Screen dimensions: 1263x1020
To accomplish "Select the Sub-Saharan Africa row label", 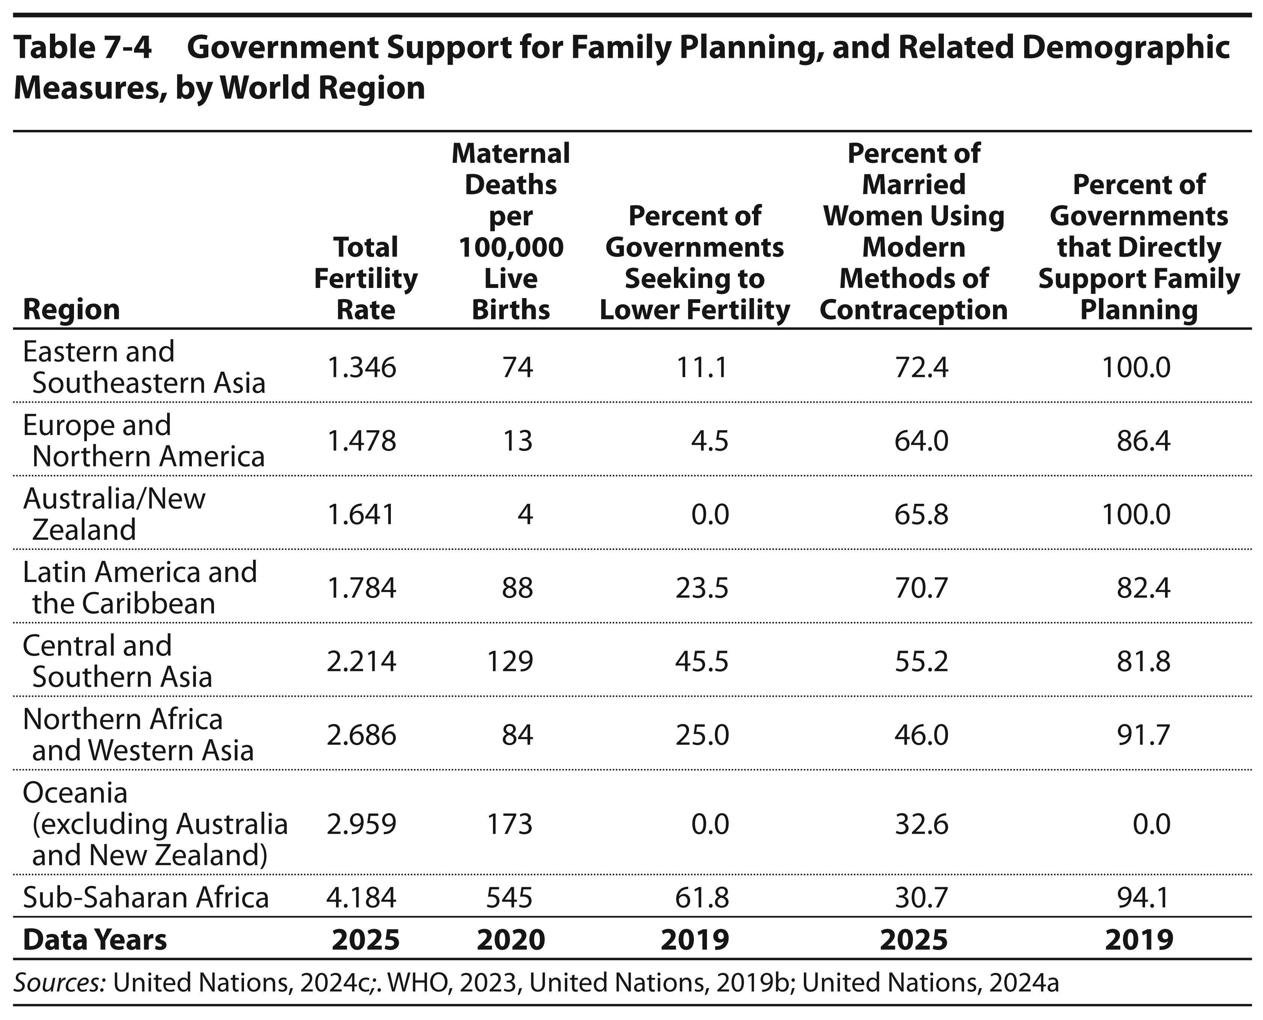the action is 146,897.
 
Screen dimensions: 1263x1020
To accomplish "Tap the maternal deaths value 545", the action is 510,897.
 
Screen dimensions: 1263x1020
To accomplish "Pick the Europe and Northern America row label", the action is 144,441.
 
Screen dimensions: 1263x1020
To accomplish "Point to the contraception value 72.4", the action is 921,368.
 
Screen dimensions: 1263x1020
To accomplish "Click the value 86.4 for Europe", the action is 1143,441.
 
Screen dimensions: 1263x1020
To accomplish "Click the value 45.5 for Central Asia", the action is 702,661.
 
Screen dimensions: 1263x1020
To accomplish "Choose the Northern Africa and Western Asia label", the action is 138,735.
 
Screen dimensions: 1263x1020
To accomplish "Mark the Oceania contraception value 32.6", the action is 921,824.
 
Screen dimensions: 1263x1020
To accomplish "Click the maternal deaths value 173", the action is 510,824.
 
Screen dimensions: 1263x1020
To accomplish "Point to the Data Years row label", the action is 95,940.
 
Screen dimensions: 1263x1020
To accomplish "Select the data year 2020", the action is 511,940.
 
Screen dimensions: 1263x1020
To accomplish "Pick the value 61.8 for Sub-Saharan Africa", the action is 702,897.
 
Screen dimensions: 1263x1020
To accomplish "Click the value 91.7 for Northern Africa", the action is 1143,735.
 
